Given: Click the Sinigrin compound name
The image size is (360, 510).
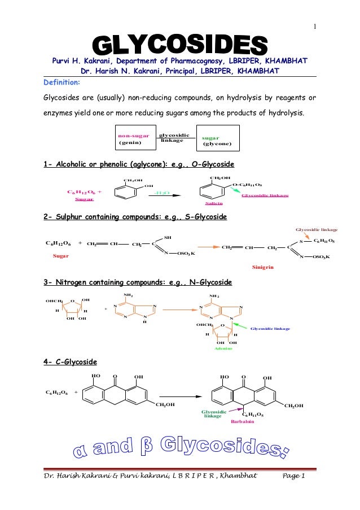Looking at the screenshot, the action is coord(262,267).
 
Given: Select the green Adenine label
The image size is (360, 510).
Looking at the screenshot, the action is coord(223,348).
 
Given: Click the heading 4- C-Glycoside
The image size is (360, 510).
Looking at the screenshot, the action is coord(70,361).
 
